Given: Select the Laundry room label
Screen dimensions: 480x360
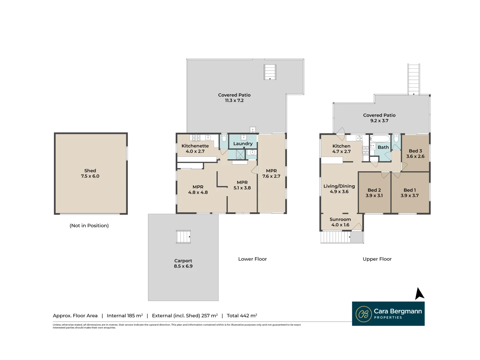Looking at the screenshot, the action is pos(243,144).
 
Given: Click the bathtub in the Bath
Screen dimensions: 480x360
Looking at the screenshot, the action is pos(380,139).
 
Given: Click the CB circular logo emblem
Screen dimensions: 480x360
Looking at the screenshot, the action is pos(363,314).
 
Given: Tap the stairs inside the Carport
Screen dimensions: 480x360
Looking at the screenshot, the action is pos(183,237).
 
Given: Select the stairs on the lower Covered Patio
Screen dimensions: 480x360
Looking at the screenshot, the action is pos(270,72).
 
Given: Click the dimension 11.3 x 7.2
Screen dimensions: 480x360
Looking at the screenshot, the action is pos(234,101).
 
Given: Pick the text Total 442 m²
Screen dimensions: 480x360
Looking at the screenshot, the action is pos(242,315).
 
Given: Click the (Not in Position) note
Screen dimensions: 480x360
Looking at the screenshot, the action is pos(89,226).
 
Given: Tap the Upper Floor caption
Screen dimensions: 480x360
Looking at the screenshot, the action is pos(377,259).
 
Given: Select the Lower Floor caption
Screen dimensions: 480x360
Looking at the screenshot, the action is pos(252,259).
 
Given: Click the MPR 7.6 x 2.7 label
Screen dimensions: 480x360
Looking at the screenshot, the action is pos(271,174).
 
